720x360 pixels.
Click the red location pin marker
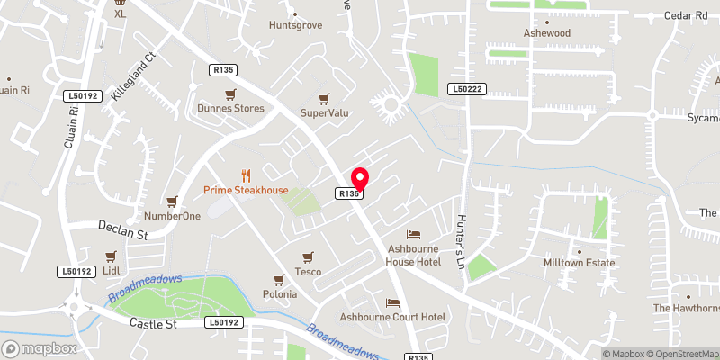tap(360, 178)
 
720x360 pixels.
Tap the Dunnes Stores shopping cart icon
tap(231, 94)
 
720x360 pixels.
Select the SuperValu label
tap(324, 112)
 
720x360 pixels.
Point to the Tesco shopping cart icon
tap(308, 256)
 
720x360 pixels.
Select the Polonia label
tap(278, 294)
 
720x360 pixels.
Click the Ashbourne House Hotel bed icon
tap(413, 234)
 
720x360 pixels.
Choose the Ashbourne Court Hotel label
tap(392, 317)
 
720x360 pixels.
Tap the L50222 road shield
tap(467, 89)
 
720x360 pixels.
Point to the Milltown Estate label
tap(579, 263)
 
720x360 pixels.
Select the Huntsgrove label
tap(294, 25)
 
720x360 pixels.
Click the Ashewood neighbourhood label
tap(547, 32)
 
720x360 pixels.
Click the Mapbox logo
tap(39, 348)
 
